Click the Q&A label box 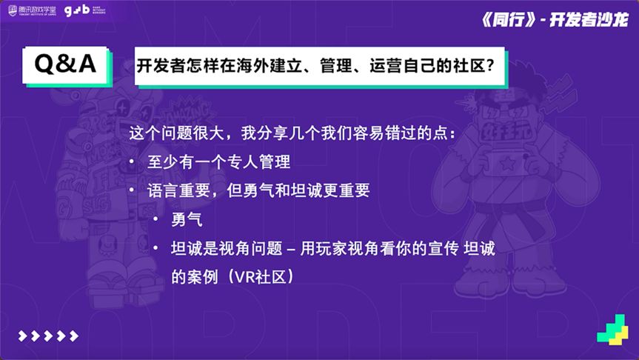67,65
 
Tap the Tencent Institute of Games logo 32,10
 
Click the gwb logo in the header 84,10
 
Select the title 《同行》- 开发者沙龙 555,19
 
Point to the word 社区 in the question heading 469,66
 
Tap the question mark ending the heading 490,66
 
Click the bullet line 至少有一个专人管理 219,162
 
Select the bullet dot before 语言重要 132,190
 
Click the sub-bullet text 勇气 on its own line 187,219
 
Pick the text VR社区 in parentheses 261,277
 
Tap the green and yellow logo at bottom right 612,330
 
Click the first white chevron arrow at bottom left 23,336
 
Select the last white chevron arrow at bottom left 74,336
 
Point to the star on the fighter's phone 508,163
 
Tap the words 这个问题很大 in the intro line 176,133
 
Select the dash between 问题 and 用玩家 291,249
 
